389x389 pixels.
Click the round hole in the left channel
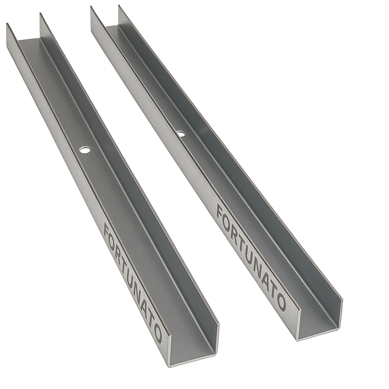pos(85,150)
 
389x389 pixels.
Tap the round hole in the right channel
pos(180,134)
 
